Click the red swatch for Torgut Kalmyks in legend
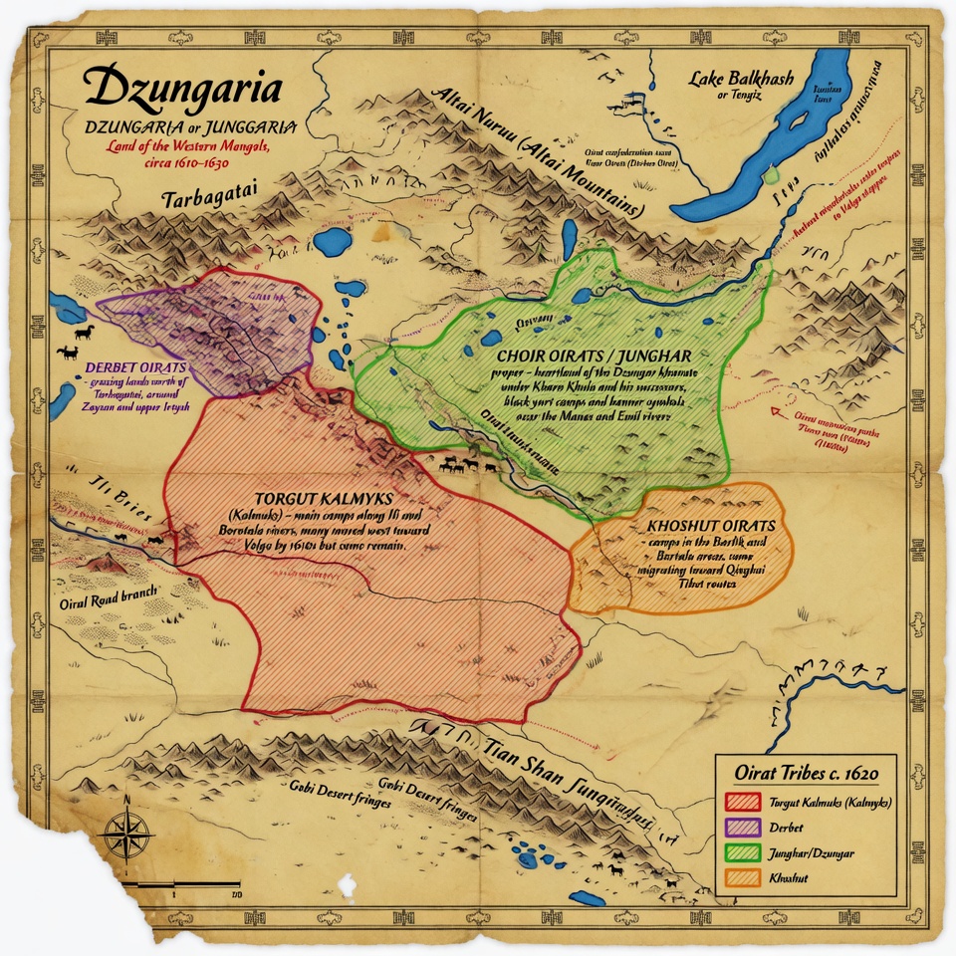coord(743,802)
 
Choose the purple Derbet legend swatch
coord(743,827)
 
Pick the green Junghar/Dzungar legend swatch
coord(743,852)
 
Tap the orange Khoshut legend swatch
coord(743,878)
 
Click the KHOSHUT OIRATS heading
coord(711,524)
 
